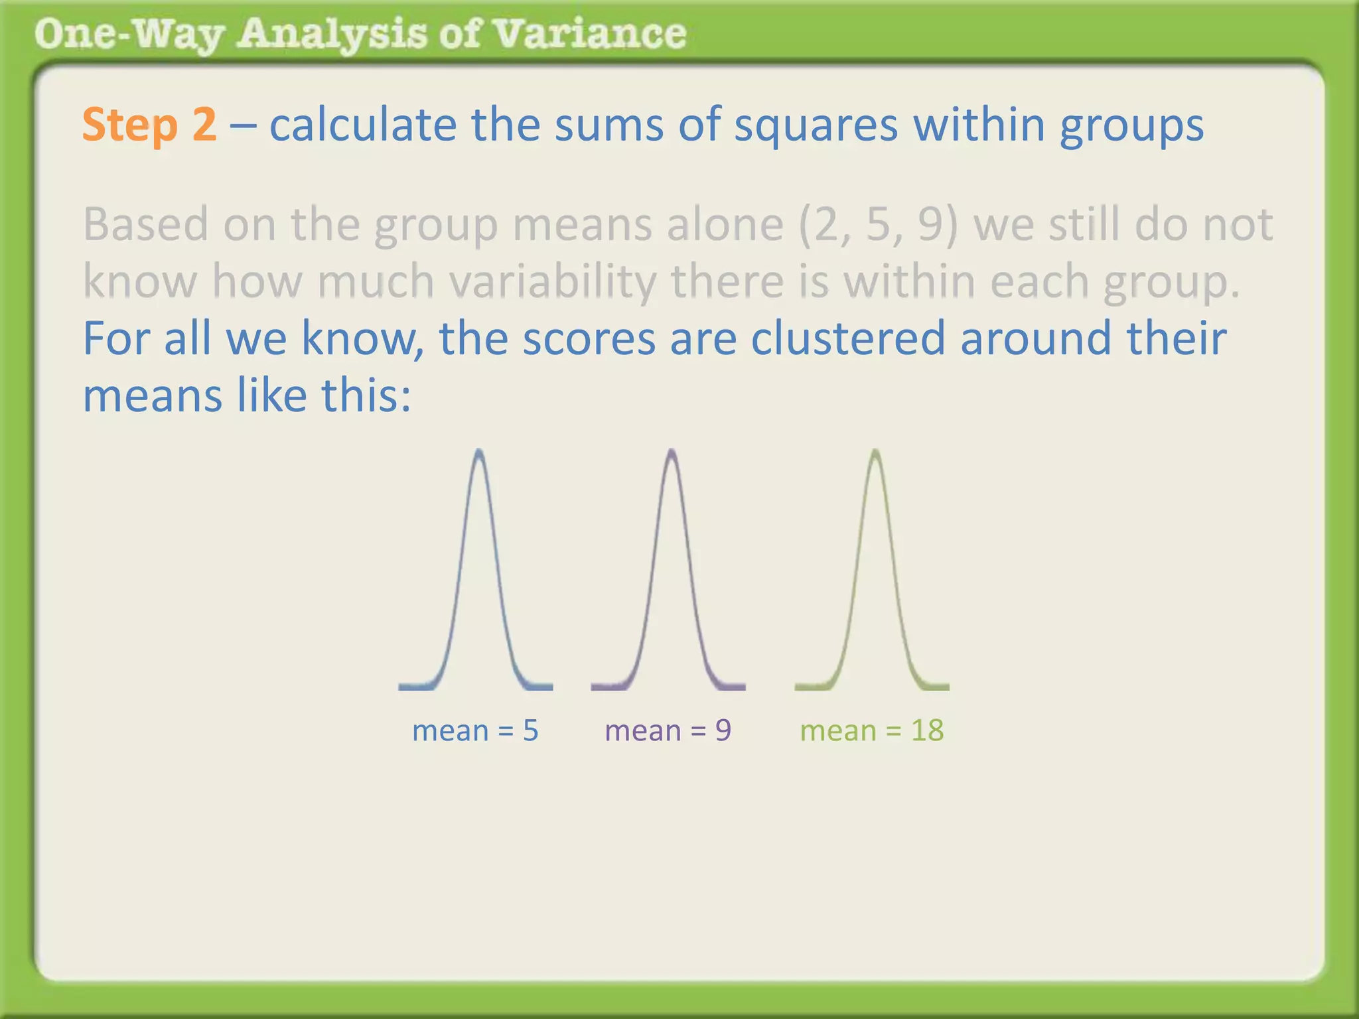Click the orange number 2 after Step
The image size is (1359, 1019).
204,124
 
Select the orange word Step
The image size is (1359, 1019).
129,125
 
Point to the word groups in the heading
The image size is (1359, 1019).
1131,125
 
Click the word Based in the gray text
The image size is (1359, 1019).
145,224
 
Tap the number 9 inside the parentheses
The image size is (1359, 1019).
931,224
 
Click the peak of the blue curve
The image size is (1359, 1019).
478,452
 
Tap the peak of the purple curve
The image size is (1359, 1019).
672,452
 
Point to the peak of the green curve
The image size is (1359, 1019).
875,452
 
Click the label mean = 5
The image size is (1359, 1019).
475,730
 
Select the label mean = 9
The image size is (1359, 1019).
668,730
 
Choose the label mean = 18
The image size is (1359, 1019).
871,730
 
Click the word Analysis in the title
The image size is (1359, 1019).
331,34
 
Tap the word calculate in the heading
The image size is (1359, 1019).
363,125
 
